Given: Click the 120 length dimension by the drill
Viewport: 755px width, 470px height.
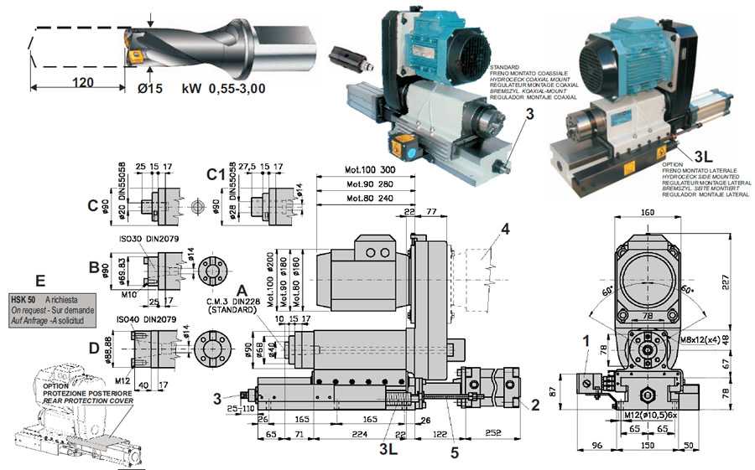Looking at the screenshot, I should click(81, 83).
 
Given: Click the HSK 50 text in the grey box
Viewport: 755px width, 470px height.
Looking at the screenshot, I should click(24, 298).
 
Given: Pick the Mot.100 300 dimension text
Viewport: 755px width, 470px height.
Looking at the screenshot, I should click(370, 170).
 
